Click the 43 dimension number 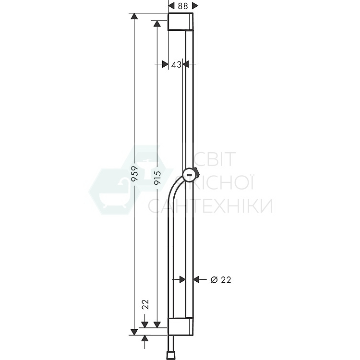tap(176, 64)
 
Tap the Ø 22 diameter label tap(221, 279)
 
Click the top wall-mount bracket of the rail tap(180, 22)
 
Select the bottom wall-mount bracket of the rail tap(180, 326)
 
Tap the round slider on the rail tap(190, 176)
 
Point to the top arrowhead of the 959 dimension tap(135, 17)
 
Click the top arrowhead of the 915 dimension tap(156, 23)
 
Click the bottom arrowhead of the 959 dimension tap(135, 331)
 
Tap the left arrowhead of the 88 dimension tap(171, 5)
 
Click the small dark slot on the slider tap(190, 176)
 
